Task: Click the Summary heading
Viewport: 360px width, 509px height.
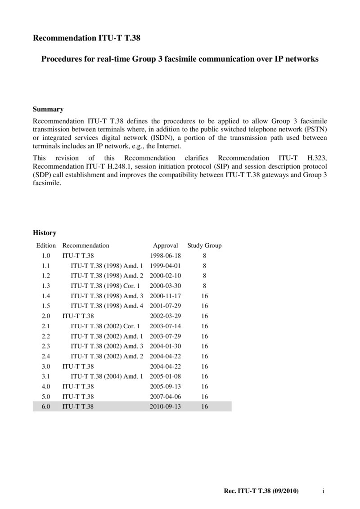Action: pos(48,109)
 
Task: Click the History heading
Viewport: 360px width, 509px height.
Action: pos(45,233)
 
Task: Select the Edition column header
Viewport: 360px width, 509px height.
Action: pos(46,246)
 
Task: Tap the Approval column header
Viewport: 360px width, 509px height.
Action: pos(166,246)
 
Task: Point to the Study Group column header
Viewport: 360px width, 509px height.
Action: pos(204,246)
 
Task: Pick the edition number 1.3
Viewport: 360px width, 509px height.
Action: pos(45,286)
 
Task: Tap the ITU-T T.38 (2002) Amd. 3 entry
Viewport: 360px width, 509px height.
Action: pos(107,346)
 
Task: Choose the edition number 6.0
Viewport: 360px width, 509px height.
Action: pos(45,406)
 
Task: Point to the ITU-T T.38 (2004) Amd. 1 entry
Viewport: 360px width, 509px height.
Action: pos(107,376)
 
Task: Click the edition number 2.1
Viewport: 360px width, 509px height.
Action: pos(45,326)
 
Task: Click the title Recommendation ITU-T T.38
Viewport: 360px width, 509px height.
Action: pos(87,39)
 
